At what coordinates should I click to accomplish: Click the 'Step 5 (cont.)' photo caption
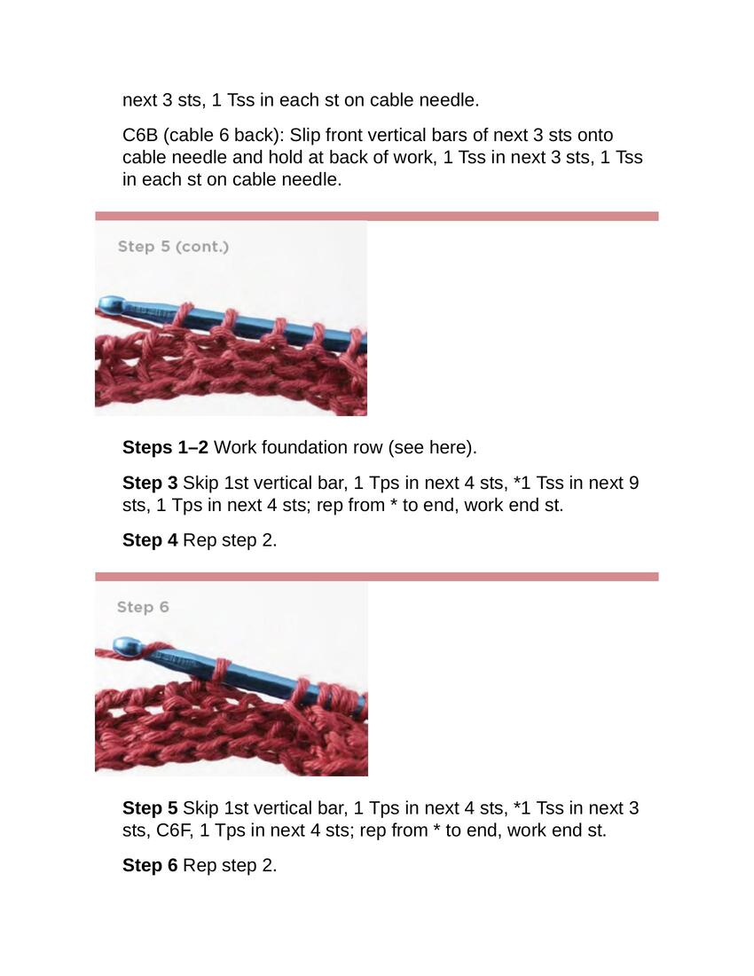point(173,247)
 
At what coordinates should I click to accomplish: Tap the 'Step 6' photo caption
point(143,607)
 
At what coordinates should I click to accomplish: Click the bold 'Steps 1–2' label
point(165,447)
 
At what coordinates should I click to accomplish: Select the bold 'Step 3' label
point(150,483)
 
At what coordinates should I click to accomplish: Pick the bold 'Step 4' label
point(150,540)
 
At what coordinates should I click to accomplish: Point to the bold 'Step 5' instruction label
point(150,808)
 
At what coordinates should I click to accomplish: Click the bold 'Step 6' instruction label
point(150,865)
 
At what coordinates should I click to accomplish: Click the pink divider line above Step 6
point(376,577)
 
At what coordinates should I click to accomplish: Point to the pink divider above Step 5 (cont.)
point(376,216)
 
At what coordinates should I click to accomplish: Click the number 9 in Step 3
point(633,483)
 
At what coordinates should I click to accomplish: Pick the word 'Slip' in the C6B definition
point(305,135)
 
